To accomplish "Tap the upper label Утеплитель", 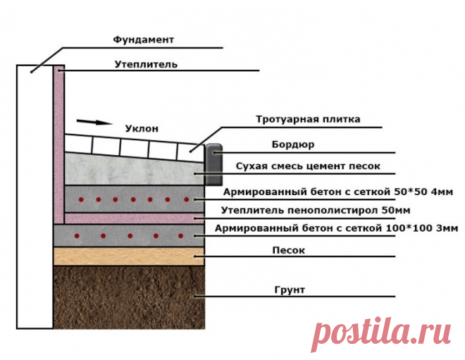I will [x=147, y=64].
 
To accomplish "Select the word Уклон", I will [x=142, y=129].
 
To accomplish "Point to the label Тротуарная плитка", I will [x=308, y=120].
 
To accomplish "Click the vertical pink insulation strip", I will [x=59, y=141].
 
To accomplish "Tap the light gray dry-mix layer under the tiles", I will [x=134, y=169].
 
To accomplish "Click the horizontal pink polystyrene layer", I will [x=134, y=218].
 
